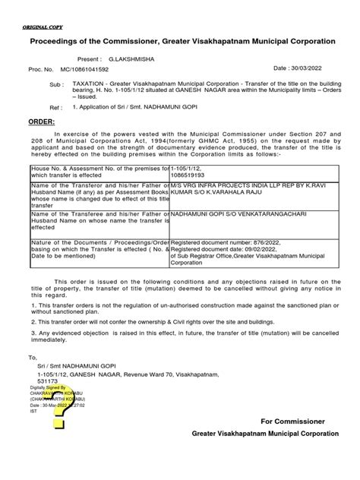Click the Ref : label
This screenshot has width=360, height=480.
point(55,108)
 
